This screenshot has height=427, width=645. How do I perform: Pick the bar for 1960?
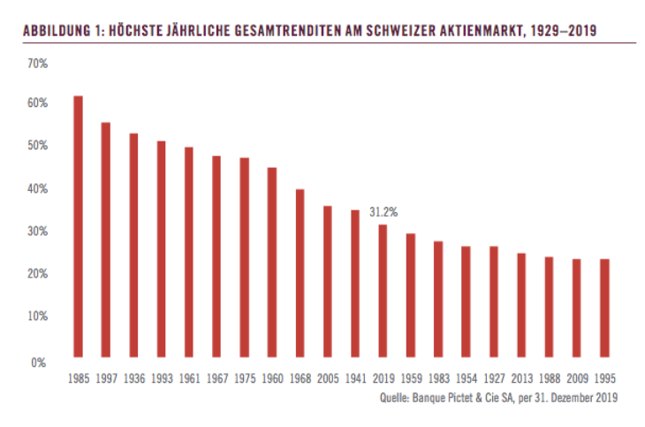pyautogui.click(x=272, y=264)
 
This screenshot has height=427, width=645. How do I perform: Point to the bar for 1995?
pyautogui.click(x=604, y=310)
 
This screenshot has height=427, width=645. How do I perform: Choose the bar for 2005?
pyautogui.click(x=327, y=284)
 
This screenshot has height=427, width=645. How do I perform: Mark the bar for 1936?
pyautogui.click(x=133, y=248)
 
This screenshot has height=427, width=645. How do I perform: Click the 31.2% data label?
pyautogui.click(x=383, y=212)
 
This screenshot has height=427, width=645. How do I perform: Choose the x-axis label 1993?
pyautogui.click(x=161, y=377)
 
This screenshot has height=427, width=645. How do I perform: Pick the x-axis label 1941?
pyautogui.click(x=355, y=377)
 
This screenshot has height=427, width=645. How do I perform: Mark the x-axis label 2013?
pyautogui.click(x=521, y=377)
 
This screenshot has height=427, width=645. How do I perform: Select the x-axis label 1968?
pyautogui.click(x=300, y=377)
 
